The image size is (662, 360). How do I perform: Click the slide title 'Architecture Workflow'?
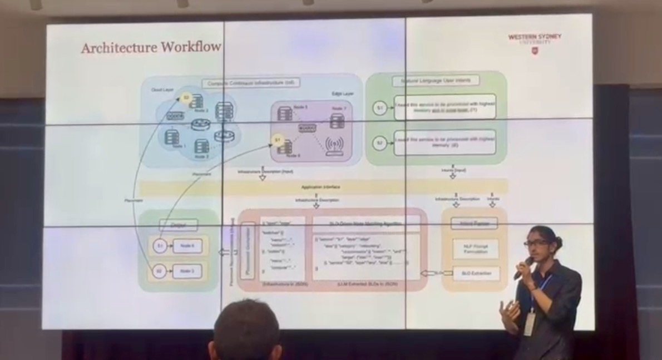(151, 48)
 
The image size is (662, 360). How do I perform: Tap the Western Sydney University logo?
(535, 42)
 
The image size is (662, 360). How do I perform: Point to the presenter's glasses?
(535, 243)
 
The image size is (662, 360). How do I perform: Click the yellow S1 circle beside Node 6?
(276, 141)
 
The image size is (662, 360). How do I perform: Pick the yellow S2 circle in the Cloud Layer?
(187, 98)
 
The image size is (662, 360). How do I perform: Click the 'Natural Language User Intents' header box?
(436, 81)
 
